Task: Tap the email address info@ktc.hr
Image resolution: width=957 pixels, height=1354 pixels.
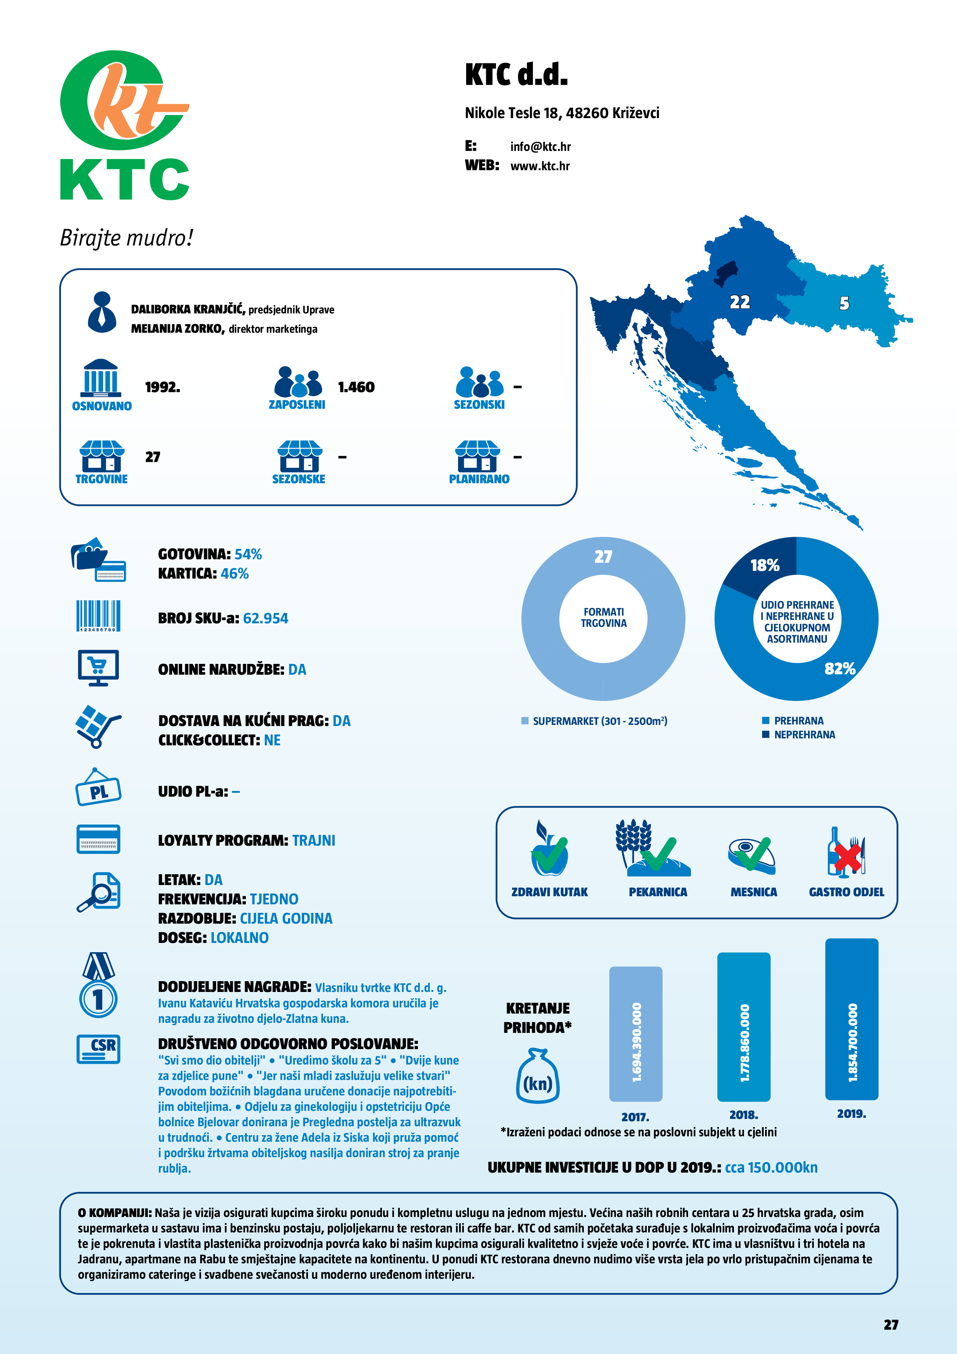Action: click(x=540, y=147)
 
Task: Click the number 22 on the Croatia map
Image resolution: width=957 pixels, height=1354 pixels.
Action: click(x=739, y=302)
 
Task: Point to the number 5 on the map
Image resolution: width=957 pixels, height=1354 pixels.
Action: click(x=844, y=303)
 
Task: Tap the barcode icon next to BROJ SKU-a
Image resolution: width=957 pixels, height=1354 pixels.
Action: click(x=98, y=616)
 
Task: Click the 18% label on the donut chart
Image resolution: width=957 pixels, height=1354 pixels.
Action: click(x=764, y=565)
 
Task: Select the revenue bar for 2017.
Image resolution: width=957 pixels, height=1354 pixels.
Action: click(x=636, y=1034)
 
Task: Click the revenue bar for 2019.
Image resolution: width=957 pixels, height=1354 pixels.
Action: click(x=851, y=1020)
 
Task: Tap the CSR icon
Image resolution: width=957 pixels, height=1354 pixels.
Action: click(x=98, y=1049)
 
